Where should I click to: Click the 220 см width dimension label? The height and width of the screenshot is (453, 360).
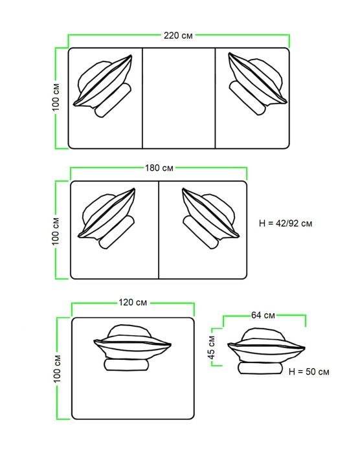(178, 36)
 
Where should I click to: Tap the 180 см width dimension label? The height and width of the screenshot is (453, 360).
(159, 168)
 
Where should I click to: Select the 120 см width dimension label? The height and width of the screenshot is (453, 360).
(133, 302)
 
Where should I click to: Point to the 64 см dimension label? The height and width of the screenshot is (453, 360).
(263, 315)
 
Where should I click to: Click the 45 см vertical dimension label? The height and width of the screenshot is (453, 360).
(212, 348)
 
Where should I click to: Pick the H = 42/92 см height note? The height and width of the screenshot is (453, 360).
(286, 223)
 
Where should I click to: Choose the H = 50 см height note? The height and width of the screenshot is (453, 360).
(309, 371)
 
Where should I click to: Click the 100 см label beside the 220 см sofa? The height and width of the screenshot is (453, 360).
(56, 97)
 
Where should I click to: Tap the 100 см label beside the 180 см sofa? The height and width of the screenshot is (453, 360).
(56, 232)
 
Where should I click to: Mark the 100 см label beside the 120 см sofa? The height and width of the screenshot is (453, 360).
(57, 369)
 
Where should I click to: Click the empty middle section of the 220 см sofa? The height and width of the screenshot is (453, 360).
(179, 98)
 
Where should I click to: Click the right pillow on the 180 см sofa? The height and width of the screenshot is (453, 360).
(210, 214)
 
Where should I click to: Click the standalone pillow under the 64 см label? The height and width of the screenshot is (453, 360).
(266, 345)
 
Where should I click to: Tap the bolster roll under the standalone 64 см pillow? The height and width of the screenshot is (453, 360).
(260, 368)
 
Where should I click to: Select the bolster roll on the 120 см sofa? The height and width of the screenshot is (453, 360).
(127, 365)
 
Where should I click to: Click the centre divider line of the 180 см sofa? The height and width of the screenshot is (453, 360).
(159, 230)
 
